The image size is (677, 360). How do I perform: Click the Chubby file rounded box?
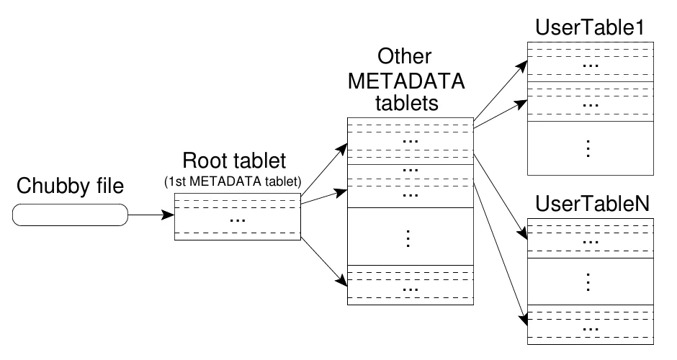(70, 214)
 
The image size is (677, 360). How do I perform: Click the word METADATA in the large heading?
(407, 81)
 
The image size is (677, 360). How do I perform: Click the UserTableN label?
(589, 204)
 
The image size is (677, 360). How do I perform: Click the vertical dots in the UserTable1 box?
(590, 148)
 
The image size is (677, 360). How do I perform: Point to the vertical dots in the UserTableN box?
(590, 281)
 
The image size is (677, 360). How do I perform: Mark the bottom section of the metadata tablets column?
(410, 284)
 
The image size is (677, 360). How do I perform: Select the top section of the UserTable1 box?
(590, 61)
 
